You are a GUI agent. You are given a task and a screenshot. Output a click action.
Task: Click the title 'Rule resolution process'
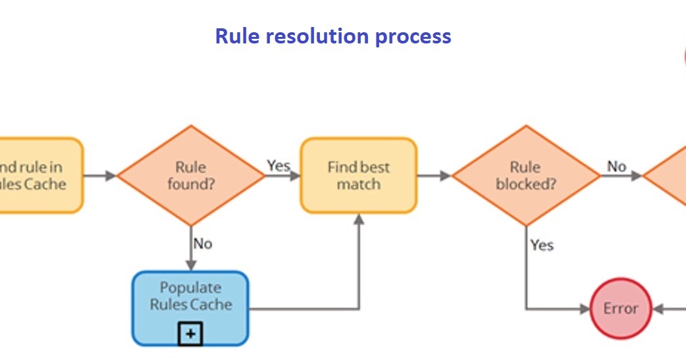333,36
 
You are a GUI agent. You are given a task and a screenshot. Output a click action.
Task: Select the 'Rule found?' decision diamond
191,176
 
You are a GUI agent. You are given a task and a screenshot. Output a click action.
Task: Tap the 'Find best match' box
359,176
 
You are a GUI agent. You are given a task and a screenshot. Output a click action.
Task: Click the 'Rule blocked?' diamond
525,176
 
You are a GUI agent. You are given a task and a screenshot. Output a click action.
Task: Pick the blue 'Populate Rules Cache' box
190,300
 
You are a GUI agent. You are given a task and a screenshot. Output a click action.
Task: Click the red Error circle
620,309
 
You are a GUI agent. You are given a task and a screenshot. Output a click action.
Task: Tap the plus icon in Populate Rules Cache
190,334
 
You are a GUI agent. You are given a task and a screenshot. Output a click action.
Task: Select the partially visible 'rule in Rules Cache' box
40,176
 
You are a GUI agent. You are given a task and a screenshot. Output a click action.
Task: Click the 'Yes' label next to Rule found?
278,165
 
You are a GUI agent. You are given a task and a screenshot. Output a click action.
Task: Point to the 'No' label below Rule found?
203,244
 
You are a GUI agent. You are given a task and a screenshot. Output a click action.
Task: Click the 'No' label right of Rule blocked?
616,167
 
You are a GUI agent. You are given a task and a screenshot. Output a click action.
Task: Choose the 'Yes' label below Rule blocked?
542,245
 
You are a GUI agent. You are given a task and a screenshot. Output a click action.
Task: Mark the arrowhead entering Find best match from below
359,220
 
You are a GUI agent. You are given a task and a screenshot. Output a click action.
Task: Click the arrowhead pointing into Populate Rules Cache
191,265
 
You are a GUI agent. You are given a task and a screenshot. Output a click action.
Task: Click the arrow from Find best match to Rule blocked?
435,176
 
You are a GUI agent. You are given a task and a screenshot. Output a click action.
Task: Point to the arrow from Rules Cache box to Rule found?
100,176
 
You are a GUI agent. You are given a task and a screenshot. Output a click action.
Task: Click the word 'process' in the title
413,36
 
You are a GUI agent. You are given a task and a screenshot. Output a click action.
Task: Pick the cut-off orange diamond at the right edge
668,176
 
